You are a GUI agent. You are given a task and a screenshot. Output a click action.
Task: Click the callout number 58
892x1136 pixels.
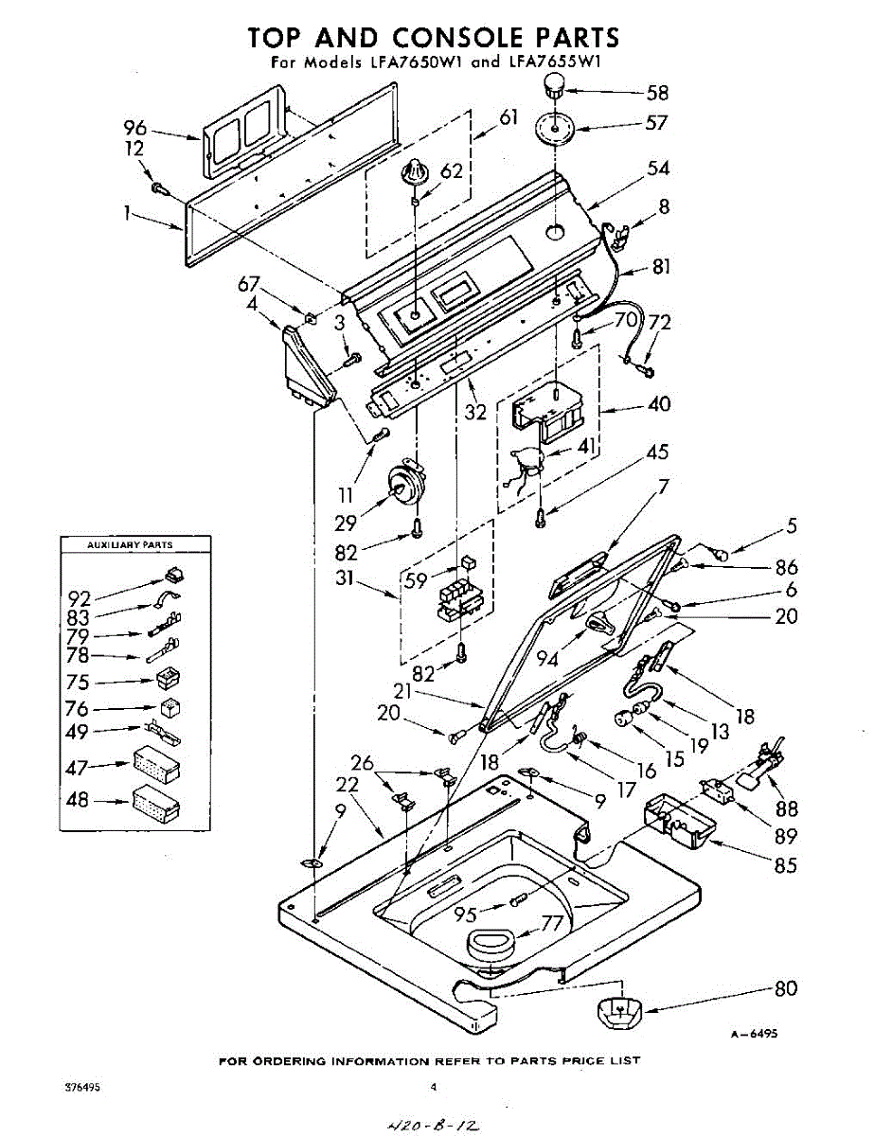click(657, 93)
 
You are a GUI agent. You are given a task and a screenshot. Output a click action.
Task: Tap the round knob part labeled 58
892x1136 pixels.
click(553, 89)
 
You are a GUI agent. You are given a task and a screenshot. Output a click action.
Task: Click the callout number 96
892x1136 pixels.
click(136, 128)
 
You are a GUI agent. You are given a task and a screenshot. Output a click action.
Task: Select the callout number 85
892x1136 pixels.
click(785, 864)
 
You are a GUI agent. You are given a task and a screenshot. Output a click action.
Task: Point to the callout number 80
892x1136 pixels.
click(785, 989)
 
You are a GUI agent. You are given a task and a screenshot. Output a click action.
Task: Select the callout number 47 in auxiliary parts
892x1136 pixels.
click(77, 769)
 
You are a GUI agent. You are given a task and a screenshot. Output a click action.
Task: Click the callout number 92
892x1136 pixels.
click(79, 598)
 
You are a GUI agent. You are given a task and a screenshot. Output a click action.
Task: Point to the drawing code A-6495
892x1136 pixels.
click(754, 1035)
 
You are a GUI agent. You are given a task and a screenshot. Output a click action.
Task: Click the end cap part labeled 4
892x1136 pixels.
click(304, 367)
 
